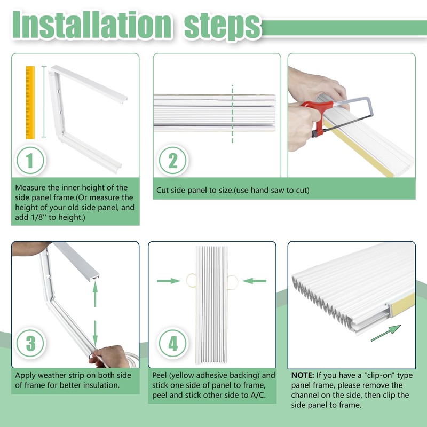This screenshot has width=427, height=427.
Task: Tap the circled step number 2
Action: coord(172,160)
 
